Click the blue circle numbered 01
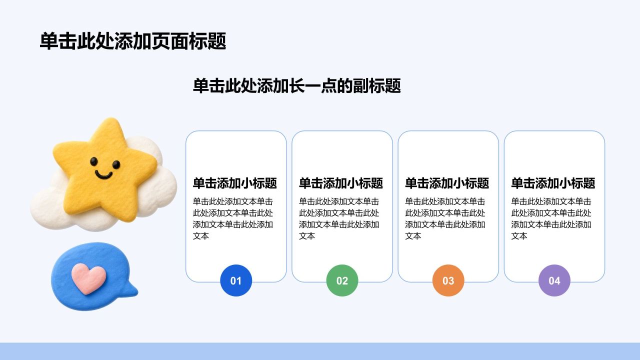coord(236,280)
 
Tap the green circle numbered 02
coord(342,280)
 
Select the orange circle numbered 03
coord(448,280)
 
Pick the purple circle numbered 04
coord(554,280)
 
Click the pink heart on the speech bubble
coord(88,278)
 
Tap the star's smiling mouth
coord(103,174)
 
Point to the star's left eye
coord(93,161)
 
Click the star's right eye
coord(116,164)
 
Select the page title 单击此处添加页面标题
coord(133,41)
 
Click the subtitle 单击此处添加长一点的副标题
coord(297,85)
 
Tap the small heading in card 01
coord(235,183)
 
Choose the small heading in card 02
coord(341,183)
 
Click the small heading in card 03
coord(447,183)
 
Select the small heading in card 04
coord(553,183)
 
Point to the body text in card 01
coord(233,218)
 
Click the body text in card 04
coord(551,218)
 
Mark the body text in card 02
coord(339,218)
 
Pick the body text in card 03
coord(445,218)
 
